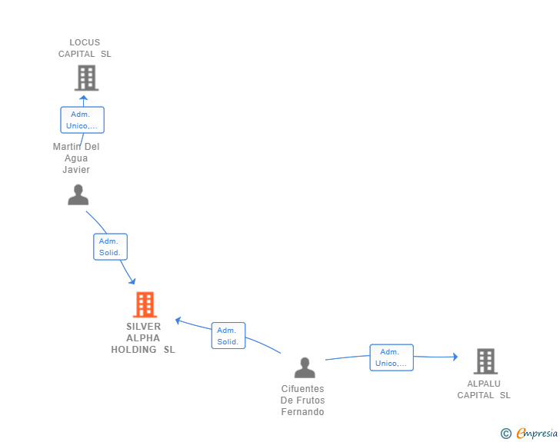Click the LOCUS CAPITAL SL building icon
tap(86, 78)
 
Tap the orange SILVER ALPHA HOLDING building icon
tap(145, 304)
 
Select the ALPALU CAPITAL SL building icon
tap(485, 361)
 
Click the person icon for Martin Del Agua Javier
tap(78, 194)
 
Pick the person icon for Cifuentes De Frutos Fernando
tap(305, 367)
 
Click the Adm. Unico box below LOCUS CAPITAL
tap(82, 120)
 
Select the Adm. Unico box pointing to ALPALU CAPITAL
tap(392, 357)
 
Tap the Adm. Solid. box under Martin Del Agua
tap(110, 247)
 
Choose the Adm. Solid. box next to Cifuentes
tap(228, 336)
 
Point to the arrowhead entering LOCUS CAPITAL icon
tap(84, 98)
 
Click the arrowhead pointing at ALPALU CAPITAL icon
tap(455, 357)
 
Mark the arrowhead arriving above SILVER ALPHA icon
tap(132, 281)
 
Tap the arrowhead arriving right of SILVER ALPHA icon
tap(178, 321)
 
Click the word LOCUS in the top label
tap(85, 42)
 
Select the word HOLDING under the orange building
tap(134, 350)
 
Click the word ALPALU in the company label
tap(484, 384)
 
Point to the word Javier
tap(76, 170)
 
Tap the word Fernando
tap(302, 412)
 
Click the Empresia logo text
tap(537, 434)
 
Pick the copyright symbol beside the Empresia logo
tap(505, 434)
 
